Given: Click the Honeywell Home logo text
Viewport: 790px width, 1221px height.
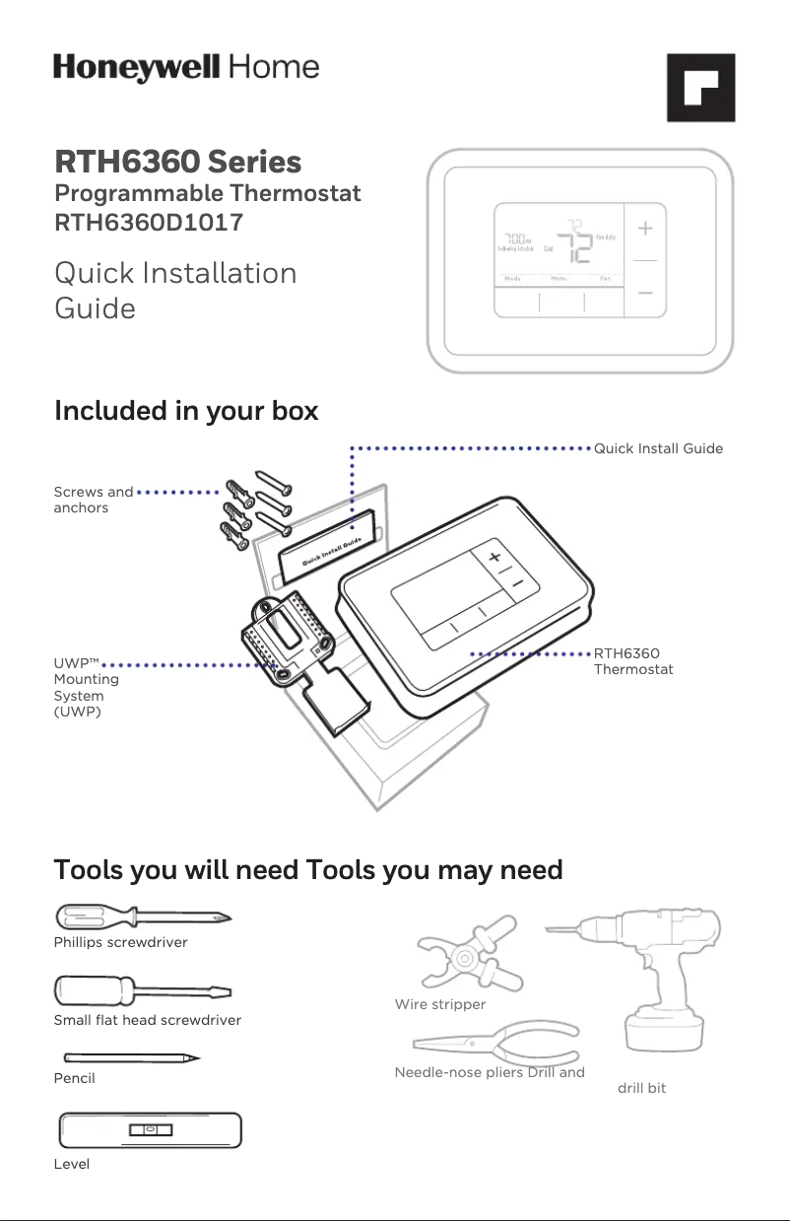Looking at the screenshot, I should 186,68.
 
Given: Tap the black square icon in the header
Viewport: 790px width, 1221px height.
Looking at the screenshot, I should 700,88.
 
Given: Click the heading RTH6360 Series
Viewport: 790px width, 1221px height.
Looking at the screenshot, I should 177,161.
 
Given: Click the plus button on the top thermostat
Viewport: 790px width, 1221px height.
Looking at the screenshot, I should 645,229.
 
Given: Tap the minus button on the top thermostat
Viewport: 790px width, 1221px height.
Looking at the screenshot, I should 645,294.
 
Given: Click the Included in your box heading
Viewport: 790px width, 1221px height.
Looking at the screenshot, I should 186,410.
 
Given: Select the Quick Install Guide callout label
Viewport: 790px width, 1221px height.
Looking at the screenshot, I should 658,448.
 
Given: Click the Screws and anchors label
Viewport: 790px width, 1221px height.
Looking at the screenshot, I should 93,500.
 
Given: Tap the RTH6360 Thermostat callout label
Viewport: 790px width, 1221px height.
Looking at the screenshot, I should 633,661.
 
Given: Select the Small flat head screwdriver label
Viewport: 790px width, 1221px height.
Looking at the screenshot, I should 147,1020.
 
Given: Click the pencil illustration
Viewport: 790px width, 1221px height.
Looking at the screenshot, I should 127,1058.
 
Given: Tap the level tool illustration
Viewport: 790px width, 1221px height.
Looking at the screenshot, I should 150,1129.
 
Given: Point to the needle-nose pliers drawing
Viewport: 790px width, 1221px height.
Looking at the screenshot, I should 494,1042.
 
